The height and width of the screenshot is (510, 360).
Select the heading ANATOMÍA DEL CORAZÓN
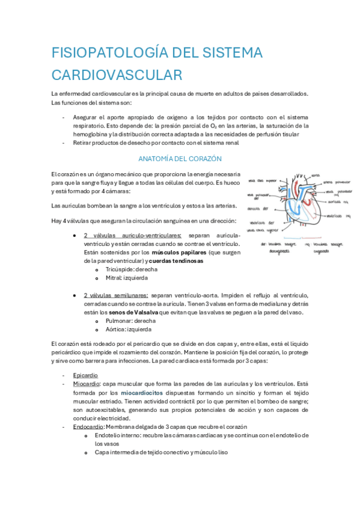click(180, 159)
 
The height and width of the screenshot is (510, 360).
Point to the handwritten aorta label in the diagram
click(316, 176)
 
